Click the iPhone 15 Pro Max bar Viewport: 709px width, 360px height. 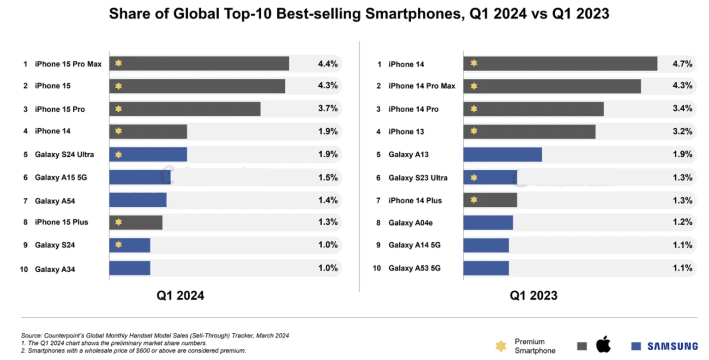point(199,63)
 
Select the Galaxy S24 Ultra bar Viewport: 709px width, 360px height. point(148,155)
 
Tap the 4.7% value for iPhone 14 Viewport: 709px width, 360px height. point(682,64)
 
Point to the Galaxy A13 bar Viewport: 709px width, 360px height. point(502,155)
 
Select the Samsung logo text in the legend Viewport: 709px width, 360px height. point(672,346)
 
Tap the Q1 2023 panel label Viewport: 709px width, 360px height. point(533,295)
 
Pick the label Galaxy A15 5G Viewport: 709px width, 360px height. point(60,177)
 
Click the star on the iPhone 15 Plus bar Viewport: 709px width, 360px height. point(119,222)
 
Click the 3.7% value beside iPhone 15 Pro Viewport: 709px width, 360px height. point(328,109)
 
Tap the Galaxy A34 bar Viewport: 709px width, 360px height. point(130,268)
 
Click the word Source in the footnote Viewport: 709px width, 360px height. point(30,335)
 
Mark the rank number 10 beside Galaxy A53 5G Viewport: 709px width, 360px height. point(377,268)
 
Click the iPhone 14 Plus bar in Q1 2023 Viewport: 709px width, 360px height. point(490,200)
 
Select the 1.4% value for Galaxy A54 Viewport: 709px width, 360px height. point(328,200)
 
